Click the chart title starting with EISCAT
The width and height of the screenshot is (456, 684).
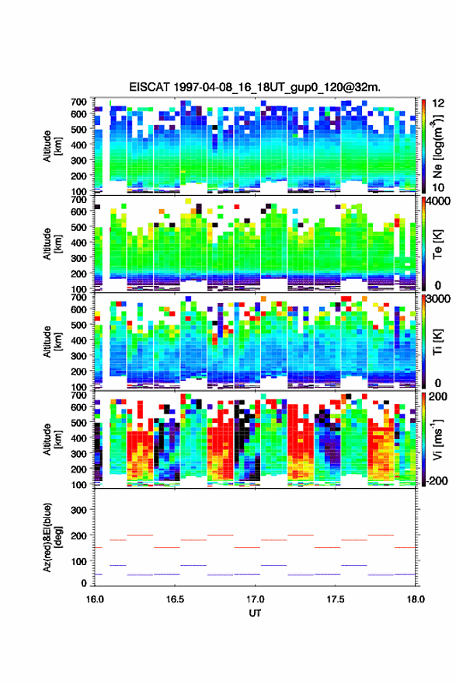click(x=255, y=87)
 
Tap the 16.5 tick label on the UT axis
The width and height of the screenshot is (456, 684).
click(x=175, y=599)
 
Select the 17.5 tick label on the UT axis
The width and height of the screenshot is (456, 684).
click(x=336, y=599)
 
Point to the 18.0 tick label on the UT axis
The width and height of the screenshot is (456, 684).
click(x=416, y=599)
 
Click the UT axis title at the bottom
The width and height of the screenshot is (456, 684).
click(x=255, y=613)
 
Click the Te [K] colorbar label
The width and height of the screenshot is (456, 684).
click(x=437, y=244)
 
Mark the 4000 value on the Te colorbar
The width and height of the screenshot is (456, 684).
click(x=437, y=201)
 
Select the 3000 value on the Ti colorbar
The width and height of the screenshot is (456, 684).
click(x=437, y=298)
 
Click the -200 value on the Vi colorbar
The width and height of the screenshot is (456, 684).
click(x=435, y=480)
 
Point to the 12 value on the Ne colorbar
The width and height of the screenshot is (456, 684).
click(x=438, y=103)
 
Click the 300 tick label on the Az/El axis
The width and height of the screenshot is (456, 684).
click(x=78, y=510)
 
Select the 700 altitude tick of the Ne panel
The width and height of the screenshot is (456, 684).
click(x=78, y=102)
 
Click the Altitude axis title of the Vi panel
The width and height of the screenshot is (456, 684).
click(x=51, y=439)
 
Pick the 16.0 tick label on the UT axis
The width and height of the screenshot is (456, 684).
click(x=95, y=599)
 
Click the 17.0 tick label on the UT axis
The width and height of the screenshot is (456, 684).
click(x=255, y=599)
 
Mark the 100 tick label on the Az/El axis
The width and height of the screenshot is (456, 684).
click(x=78, y=561)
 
